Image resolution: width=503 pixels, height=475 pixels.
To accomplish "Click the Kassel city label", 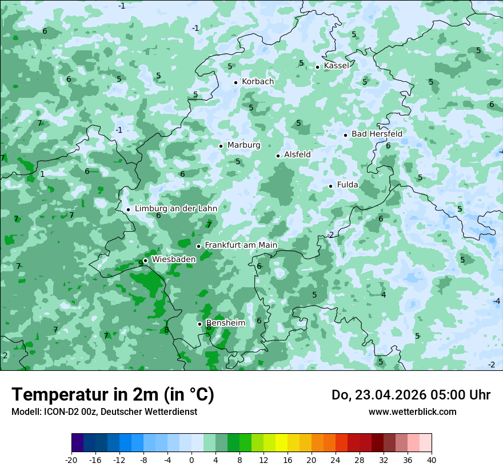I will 336,66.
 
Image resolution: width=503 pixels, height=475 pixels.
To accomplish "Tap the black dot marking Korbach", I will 235,82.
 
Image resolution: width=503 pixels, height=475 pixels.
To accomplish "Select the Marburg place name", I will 243,145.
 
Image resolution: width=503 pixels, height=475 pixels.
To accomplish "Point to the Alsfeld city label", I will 297,155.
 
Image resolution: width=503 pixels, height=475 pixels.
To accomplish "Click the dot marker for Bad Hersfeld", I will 345,135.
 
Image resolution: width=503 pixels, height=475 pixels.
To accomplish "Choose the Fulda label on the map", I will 348,185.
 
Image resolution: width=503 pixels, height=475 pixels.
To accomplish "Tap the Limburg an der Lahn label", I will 175,209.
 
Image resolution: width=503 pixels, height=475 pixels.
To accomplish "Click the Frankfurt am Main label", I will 241,245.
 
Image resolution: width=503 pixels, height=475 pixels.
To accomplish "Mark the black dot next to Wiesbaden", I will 145,260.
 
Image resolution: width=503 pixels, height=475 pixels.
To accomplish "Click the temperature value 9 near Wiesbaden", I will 140,264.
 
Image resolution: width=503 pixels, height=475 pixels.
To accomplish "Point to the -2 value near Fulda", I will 330,235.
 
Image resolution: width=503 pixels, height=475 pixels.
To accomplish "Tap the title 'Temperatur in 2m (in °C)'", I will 113,395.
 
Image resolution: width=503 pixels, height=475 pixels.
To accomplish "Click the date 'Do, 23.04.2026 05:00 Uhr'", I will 411,395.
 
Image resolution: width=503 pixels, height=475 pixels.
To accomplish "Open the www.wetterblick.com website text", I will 412,412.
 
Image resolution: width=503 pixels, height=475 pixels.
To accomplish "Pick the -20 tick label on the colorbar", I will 71,460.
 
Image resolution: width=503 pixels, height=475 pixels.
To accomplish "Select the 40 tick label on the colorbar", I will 431,460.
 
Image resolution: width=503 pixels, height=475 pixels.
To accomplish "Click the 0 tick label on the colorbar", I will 191,460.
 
